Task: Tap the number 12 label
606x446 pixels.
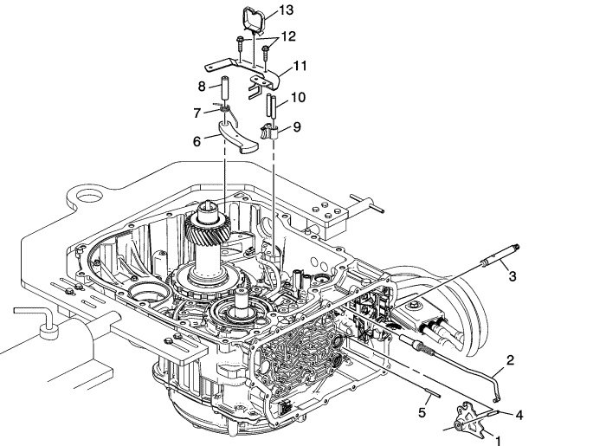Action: (x=288, y=36)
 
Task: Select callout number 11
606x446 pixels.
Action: (x=300, y=66)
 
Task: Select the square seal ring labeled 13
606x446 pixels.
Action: (x=255, y=15)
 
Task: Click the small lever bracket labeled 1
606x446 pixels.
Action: (x=468, y=419)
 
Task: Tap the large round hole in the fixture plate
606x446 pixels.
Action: (x=88, y=197)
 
